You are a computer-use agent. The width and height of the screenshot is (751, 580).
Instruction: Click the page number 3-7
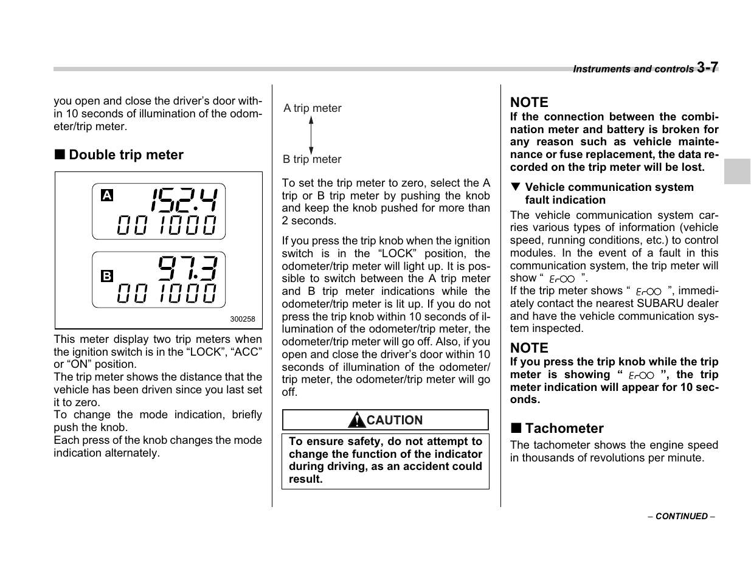tap(707, 67)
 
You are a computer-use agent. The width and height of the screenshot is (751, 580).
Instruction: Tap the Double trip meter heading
tap(125, 155)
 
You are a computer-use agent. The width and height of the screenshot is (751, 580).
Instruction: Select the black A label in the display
tap(107, 195)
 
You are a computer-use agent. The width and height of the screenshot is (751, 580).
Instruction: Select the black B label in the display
tap(107, 276)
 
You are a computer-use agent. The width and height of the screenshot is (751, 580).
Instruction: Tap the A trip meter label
tap(313, 108)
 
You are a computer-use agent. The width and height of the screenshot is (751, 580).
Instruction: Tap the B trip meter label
tap(312, 159)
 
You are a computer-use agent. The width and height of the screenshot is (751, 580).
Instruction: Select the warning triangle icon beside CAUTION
tap(356, 420)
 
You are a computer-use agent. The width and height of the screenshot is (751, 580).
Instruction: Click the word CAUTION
tap(395, 420)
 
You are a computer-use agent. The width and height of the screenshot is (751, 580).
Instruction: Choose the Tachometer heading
tap(564, 428)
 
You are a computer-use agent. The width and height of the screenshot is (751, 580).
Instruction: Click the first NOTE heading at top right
tap(529, 102)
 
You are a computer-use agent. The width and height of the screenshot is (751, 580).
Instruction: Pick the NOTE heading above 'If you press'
tap(529, 348)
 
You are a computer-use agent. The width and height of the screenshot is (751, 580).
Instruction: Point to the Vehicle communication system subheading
tap(609, 193)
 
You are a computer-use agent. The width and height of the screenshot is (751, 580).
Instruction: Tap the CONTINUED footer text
tap(681, 516)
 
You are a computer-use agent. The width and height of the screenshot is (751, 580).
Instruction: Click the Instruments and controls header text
tap(632, 69)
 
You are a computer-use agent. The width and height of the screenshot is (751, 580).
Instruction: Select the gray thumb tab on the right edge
tap(737, 171)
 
